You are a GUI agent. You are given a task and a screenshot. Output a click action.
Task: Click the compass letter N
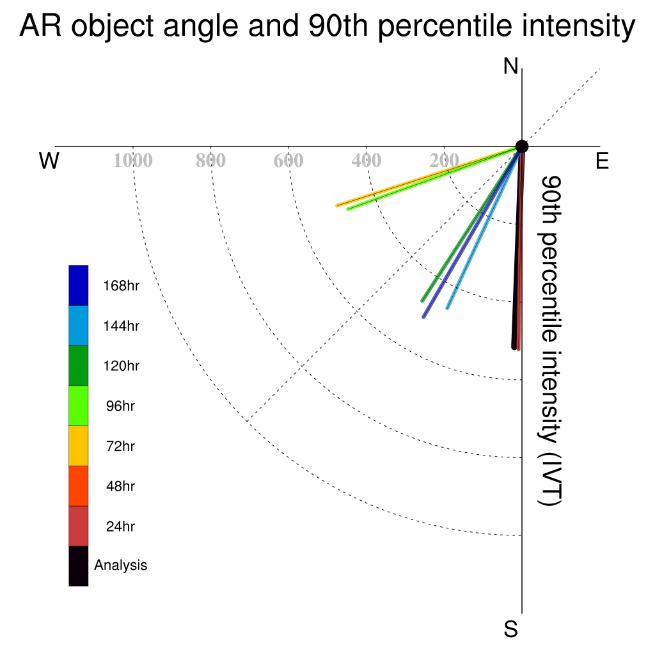click(510, 67)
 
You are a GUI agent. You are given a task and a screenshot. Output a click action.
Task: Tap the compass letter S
click(511, 629)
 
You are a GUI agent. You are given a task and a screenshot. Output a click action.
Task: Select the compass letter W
click(49, 161)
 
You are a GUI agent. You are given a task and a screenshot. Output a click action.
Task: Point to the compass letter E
click(602, 161)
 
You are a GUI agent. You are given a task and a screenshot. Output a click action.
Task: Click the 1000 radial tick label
click(133, 161)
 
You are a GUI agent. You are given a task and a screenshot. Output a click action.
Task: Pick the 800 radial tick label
click(210, 161)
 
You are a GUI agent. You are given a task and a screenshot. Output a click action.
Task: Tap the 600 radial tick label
click(288, 161)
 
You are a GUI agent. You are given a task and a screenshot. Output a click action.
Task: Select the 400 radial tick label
click(367, 161)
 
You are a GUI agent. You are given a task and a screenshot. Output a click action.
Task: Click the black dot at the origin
click(522, 146)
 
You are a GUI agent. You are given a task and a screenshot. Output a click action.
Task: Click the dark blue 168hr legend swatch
click(79, 285)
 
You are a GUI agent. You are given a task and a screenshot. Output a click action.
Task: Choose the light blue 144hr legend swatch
click(79, 326)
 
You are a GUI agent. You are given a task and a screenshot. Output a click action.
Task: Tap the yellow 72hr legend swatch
click(79, 446)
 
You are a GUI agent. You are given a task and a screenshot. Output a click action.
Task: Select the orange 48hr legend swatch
click(79, 486)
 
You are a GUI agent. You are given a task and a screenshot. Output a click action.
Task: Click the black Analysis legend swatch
click(79, 566)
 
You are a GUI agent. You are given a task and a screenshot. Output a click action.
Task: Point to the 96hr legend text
click(120, 406)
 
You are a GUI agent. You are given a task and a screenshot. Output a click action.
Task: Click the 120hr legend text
click(121, 366)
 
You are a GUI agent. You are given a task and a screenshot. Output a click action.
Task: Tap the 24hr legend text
click(120, 526)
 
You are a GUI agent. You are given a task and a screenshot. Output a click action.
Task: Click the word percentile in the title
click(444, 26)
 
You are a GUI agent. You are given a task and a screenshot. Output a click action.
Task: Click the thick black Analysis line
click(518, 247)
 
